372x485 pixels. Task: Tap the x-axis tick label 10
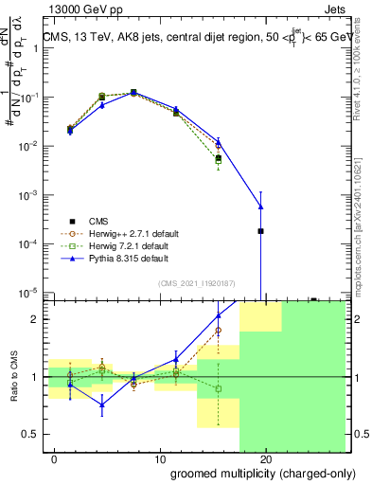(160, 459)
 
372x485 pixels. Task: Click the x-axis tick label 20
(266, 459)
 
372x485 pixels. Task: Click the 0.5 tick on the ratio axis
(32, 434)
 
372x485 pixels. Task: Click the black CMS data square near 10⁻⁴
(260, 230)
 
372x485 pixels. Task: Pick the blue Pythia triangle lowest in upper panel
(260, 207)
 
